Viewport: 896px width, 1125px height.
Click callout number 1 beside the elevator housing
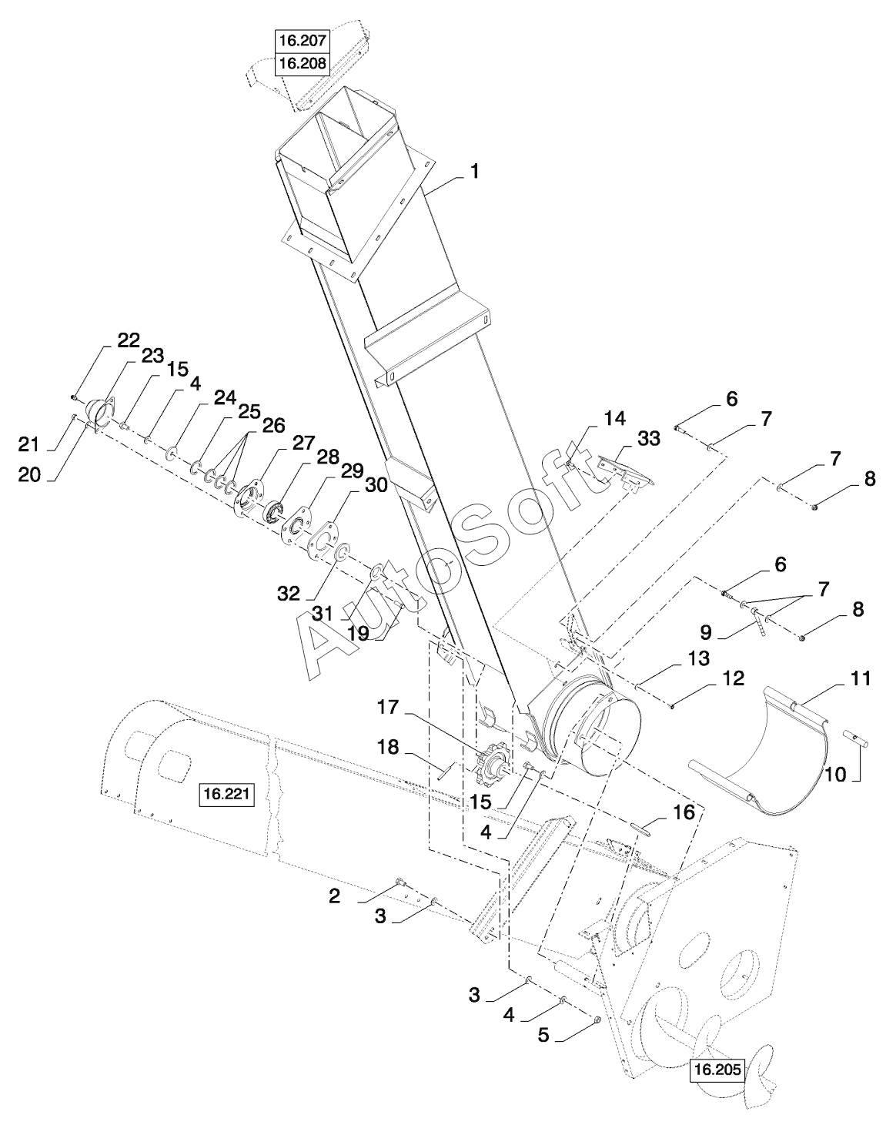coord(475,172)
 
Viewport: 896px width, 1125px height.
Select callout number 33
coord(649,439)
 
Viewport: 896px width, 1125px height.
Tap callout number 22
coord(129,341)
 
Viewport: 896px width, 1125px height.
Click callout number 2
coord(334,897)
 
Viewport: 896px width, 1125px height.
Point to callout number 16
coord(684,812)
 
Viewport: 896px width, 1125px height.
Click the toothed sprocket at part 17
coord(490,762)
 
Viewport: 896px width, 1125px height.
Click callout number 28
coord(328,457)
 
